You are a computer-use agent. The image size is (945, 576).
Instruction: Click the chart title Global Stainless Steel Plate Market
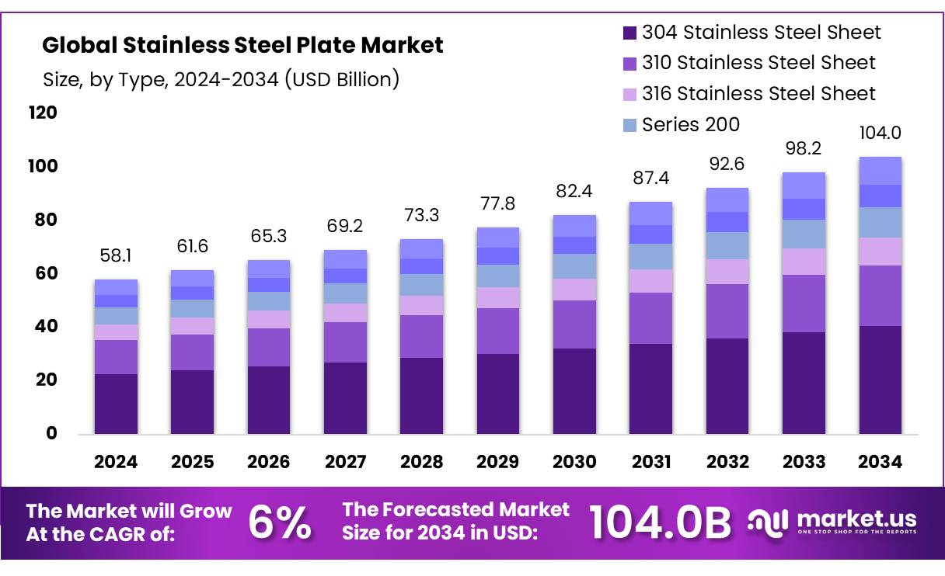242,45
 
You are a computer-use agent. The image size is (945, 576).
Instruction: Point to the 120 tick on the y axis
43,113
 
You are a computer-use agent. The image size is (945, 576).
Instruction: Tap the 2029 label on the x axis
498,462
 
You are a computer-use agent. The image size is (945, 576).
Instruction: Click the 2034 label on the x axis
880,462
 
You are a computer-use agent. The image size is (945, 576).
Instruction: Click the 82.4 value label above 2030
574,191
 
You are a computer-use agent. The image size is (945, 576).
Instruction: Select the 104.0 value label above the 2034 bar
880,133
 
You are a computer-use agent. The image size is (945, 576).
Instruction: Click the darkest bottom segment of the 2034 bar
880,380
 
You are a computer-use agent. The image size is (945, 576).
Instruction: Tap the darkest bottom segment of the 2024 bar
116,404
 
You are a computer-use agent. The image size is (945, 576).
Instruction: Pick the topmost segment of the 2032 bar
727,200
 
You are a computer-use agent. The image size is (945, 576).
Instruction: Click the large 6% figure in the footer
280,522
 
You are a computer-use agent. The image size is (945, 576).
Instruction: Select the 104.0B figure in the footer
660,522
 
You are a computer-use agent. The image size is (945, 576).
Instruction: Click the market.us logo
832,522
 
